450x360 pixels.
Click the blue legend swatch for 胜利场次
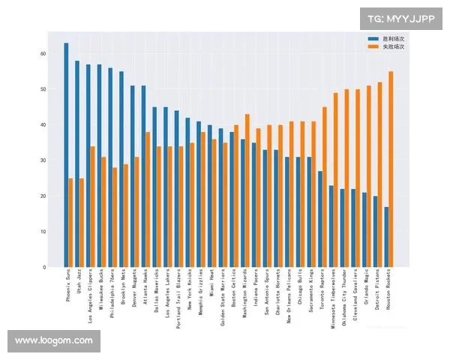point(373,37)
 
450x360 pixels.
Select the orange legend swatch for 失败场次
point(373,46)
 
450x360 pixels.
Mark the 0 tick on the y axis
point(44,267)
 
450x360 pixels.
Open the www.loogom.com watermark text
point(53,340)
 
